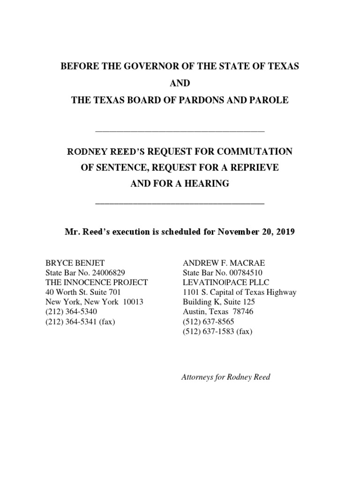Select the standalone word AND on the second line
click(180, 84)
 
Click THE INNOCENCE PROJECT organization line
click(96, 282)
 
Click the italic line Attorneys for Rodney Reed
click(225, 377)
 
